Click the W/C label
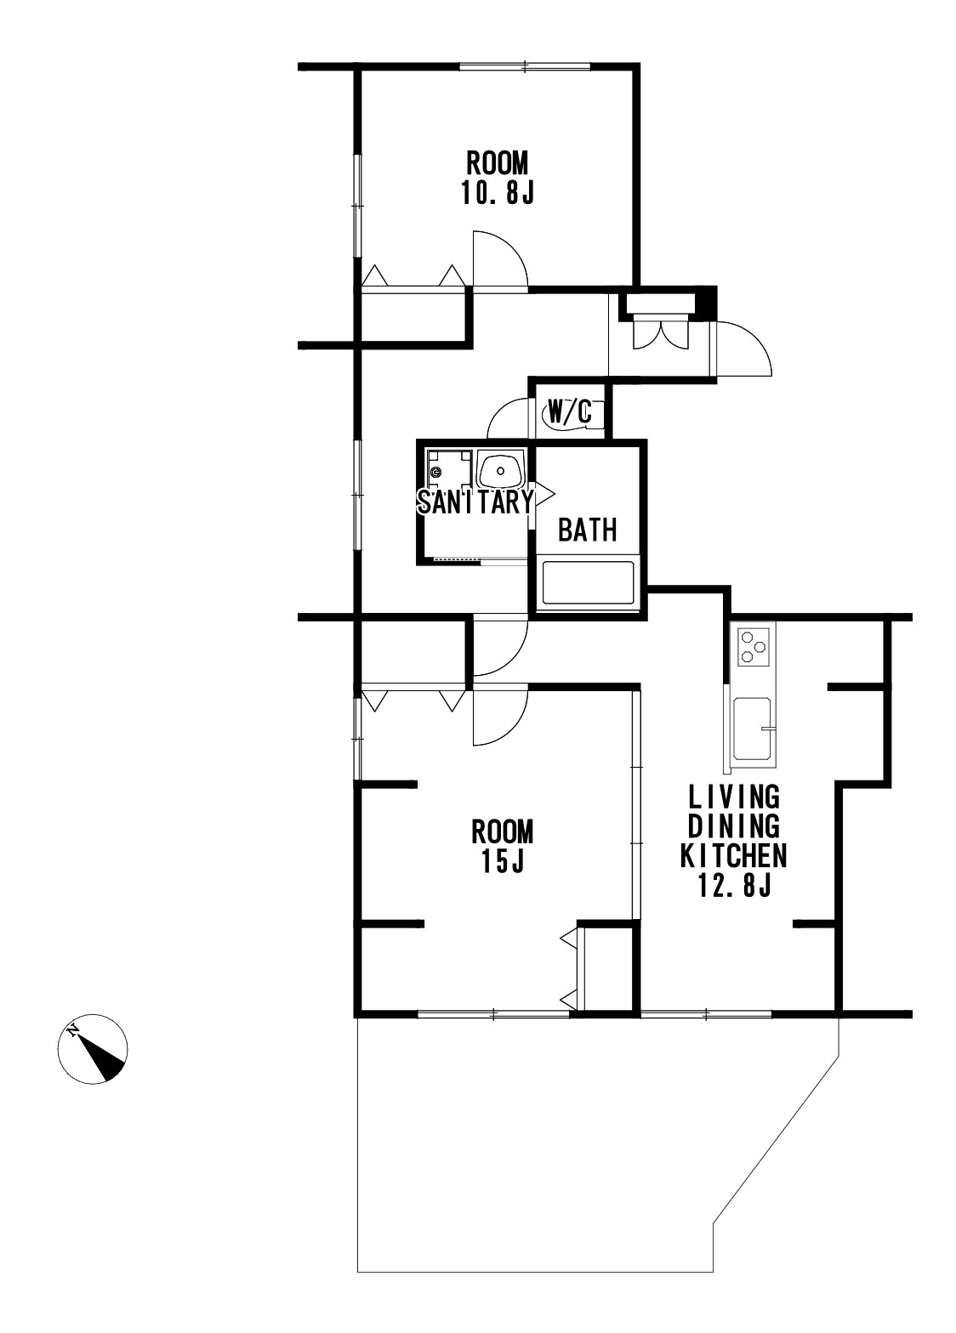pyautogui.click(x=569, y=410)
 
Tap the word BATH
pyautogui.click(x=587, y=529)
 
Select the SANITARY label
pyautogui.click(x=475, y=502)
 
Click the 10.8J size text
pyautogui.click(x=497, y=194)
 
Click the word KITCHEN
pyautogui.click(x=733, y=856)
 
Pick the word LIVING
pyautogui.click(x=733, y=796)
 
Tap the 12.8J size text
pyautogui.click(x=735, y=886)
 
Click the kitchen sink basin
pyautogui.click(x=753, y=729)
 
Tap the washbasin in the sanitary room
pyautogui.click(x=500, y=470)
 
